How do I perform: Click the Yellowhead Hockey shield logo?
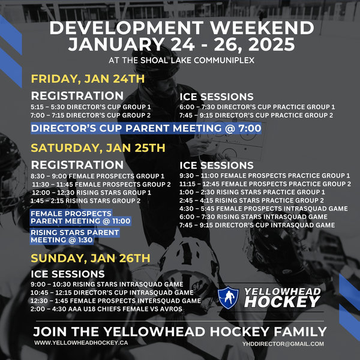[x=228, y=298]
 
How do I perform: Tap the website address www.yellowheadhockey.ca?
[x=81, y=343]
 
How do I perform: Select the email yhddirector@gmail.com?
[x=283, y=344]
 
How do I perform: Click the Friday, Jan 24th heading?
[x=88, y=79]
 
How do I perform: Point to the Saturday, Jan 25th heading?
[x=98, y=148]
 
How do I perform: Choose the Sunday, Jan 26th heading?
[x=91, y=258]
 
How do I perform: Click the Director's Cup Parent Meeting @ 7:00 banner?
[x=146, y=128]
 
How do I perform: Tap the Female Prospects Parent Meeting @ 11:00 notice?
[x=80, y=217]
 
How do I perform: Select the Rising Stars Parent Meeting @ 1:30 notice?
[x=75, y=236]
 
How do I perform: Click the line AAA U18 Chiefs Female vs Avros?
[x=106, y=309]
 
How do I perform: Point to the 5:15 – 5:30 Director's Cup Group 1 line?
[x=91, y=107]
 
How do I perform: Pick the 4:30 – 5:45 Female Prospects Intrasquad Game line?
[x=263, y=208]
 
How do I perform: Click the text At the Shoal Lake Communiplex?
[x=181, y=61]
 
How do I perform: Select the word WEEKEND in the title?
[x=262, y=28]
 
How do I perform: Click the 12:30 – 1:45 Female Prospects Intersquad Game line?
[x=116, y=301]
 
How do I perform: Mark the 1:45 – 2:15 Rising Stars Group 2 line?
[x=85, y=200]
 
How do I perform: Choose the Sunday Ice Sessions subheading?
[x=68, y=274]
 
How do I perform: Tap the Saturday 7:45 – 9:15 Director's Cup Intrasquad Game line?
[x=257, y=225]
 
